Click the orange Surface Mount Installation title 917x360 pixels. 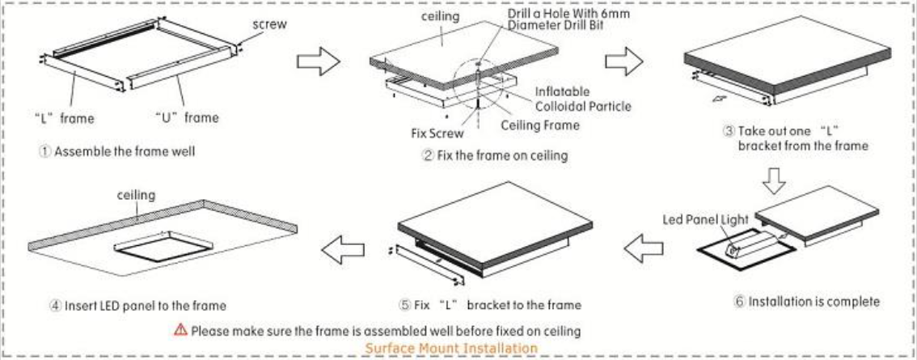(x=458, y=347)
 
